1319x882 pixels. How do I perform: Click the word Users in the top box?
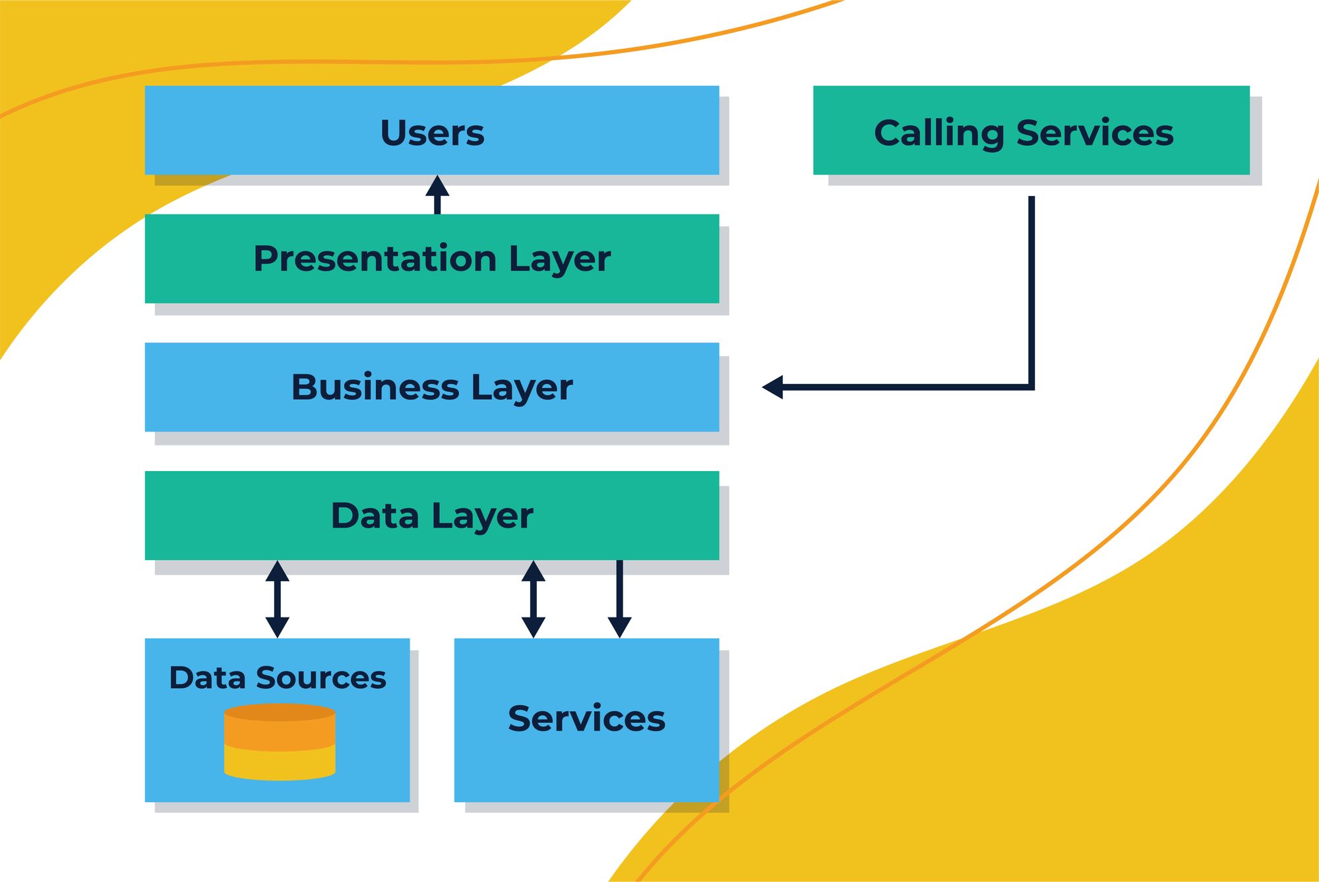(x=432, y=133)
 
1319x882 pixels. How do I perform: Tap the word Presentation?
(x=375, y=259)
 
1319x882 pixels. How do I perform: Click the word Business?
(x=375, y=387)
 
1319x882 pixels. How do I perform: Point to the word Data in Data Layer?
(x=375, y=516)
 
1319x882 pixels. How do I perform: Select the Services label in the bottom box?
(x=586, y=718)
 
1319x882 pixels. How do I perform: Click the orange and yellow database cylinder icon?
(x=280, y=742)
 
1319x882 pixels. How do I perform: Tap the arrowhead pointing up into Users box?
(x=437, y=186)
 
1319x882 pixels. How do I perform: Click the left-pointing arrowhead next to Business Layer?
(x=773, y=387)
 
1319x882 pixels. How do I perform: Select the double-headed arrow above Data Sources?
(x=277, y=599)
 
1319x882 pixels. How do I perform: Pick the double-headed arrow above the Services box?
(x=533, y=599)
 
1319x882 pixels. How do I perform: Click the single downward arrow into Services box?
(x=619, y=600)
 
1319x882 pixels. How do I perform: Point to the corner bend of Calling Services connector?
(x=1031, y=387)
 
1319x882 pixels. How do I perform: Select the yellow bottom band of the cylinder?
(x=280, y=764)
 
